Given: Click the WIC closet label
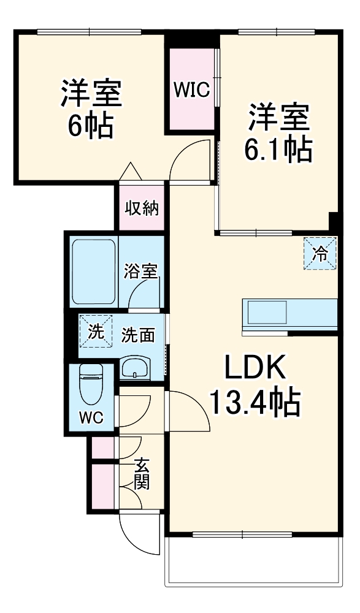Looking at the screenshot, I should click(191, 91).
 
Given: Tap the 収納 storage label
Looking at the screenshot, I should click(142, 208).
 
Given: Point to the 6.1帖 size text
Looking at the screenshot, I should click(279, 150).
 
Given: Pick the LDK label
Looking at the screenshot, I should click(255, 368).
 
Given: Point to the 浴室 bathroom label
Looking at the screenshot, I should click(140, 270).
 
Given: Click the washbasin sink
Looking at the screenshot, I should click(134, 368).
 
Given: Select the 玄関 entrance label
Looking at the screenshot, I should click(141, 474).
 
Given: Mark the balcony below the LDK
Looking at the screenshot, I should click(252, 560).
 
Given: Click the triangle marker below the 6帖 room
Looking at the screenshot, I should click(132, 172).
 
